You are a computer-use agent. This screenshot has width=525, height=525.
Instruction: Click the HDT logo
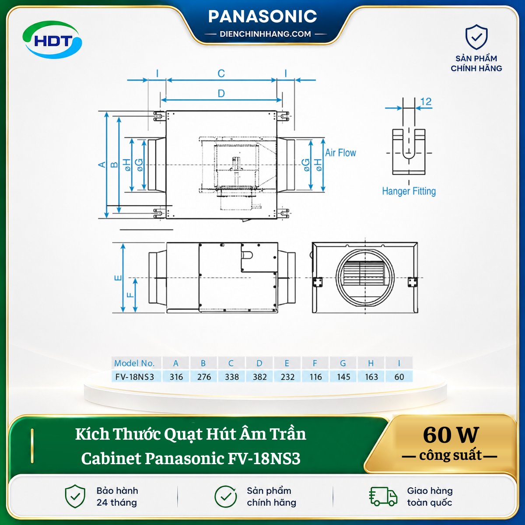(52, 40)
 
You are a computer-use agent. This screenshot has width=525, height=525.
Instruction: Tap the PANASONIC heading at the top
(262, 16)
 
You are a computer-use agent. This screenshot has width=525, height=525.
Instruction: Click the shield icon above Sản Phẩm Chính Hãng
(476, 37)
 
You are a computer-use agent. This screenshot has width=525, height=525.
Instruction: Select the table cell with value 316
(176, 377)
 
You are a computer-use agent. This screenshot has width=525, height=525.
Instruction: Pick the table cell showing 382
(259, 377)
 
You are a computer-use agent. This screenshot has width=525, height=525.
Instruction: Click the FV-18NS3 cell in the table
(135, 377)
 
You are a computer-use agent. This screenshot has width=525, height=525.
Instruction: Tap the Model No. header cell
(134, 363)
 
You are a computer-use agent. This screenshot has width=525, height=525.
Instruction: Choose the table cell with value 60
(399, 377)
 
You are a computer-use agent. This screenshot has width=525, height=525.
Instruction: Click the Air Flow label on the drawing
(340, 153)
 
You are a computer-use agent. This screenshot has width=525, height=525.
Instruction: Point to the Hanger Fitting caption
(409, 191)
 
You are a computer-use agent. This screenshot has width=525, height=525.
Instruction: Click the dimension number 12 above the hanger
(426, 101)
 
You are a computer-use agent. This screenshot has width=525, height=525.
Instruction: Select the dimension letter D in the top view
(221, 94)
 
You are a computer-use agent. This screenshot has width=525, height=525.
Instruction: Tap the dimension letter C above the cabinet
(221, 73)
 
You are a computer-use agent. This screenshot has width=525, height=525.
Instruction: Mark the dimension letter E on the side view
(118, 278)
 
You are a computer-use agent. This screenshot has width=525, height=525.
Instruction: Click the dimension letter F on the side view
(130, 295)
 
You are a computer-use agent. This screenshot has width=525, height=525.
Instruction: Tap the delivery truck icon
(383, 497)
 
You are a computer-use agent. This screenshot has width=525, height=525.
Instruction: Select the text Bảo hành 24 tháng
(117, 497)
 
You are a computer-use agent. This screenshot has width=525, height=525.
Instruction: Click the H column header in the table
(371, 363)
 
